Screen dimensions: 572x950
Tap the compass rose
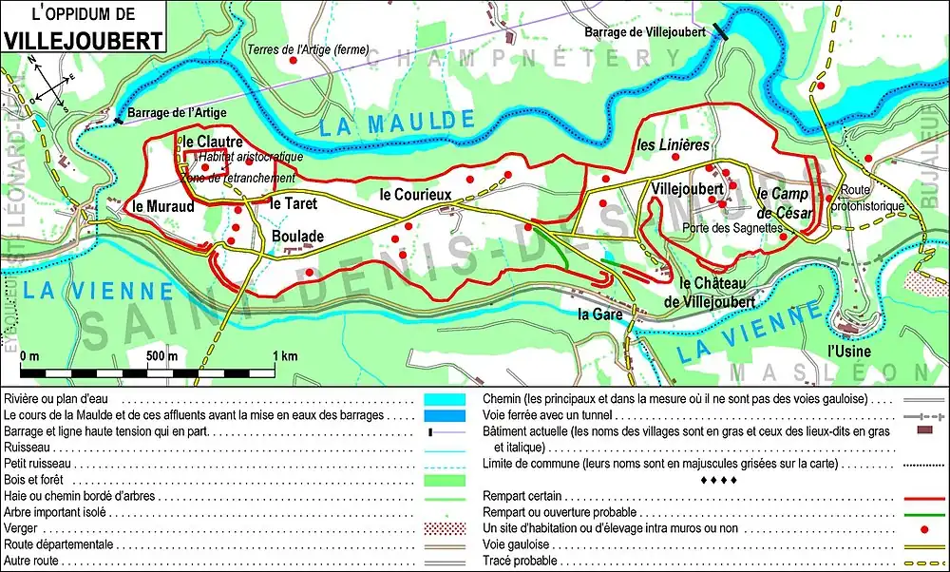48,83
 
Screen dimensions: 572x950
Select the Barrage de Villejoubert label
645,32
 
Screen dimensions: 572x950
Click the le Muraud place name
163,204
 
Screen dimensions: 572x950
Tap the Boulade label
297,236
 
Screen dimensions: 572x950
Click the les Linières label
673,145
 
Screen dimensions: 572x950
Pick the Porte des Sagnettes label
731,228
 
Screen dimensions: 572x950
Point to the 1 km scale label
284,356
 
